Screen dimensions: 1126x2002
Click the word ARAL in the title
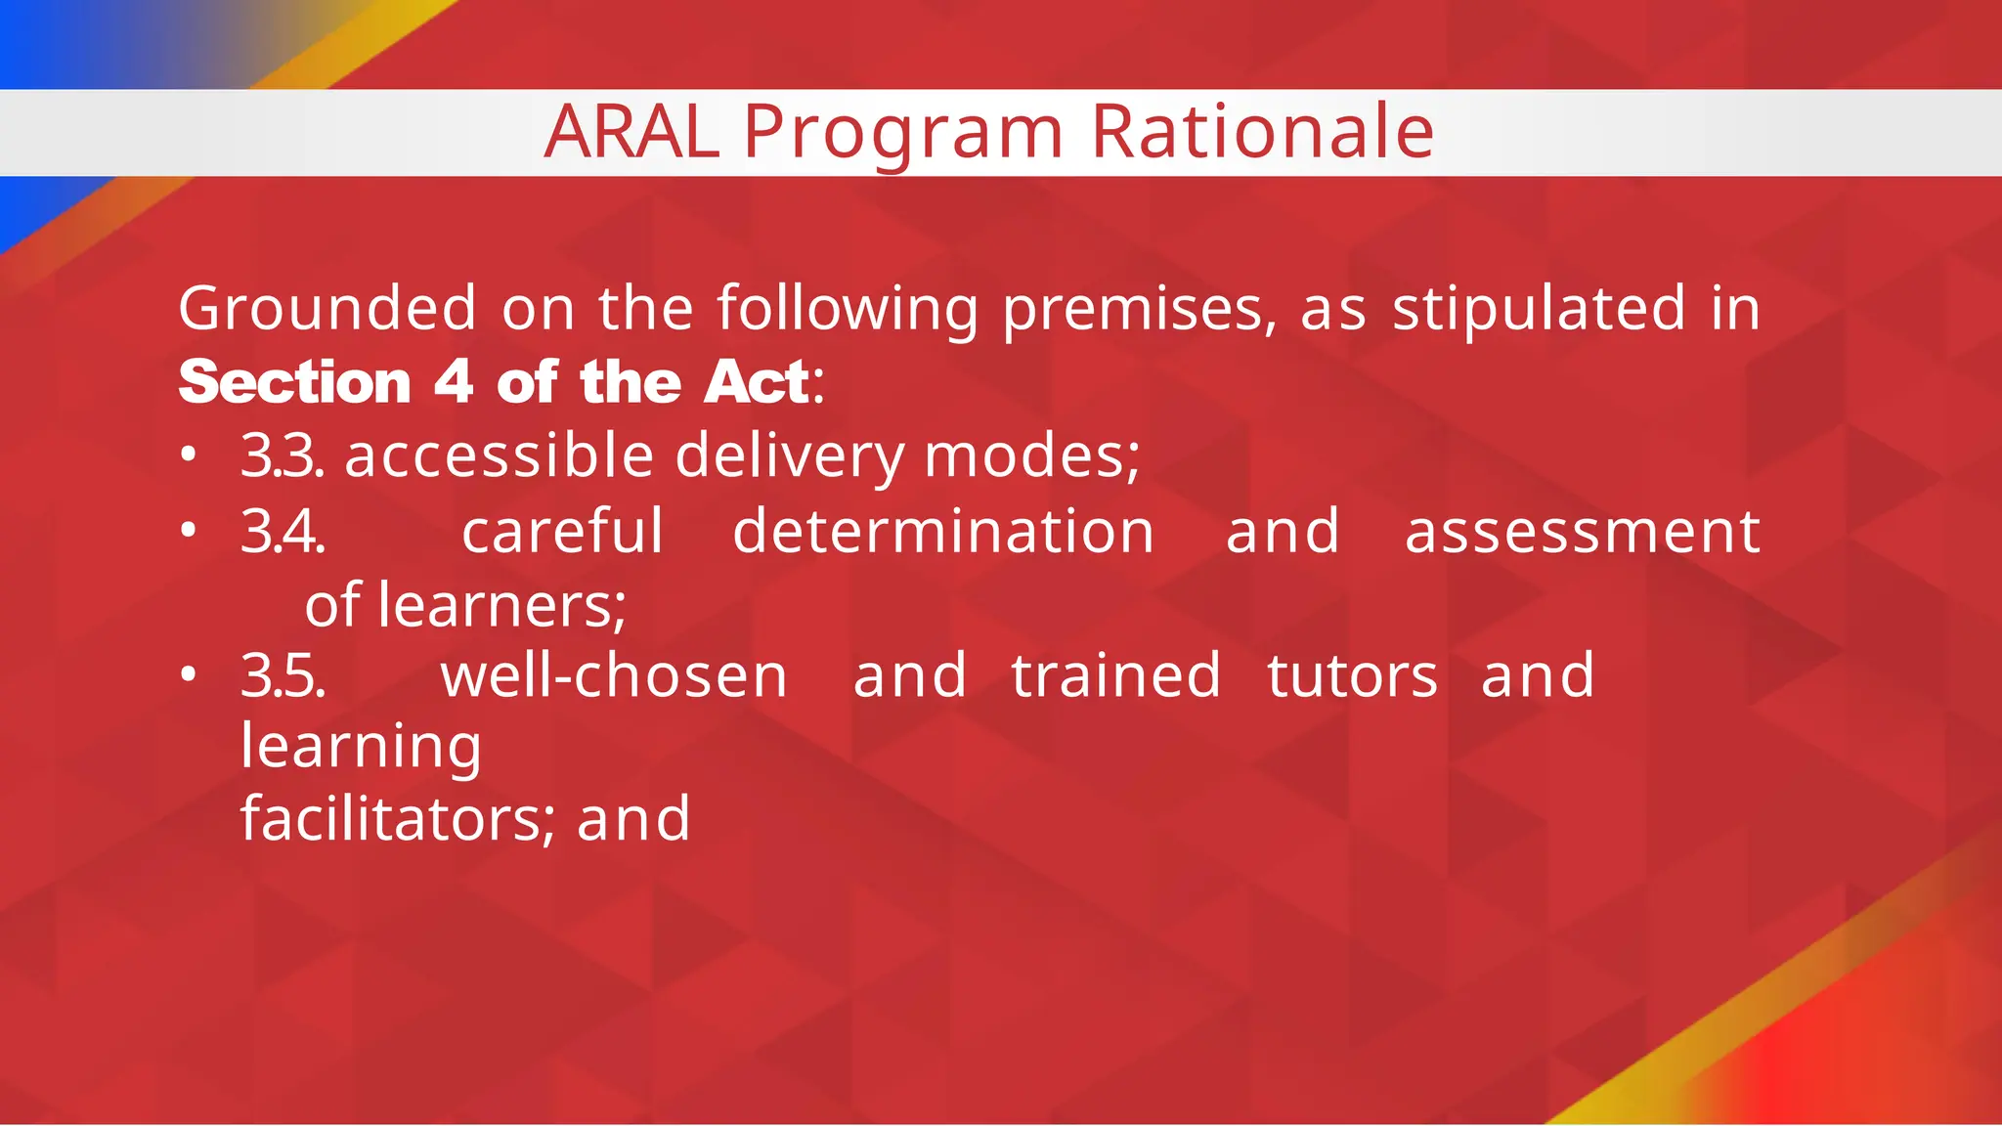(631, 132)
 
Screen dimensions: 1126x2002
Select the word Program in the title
(903, 134)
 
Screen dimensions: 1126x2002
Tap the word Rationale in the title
(1262, 132)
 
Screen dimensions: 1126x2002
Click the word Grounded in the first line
(327, 309)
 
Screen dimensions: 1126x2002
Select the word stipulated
(1539, 309)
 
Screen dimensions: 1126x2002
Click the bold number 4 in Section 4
(454, 381)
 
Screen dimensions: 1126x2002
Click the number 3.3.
(283, 456)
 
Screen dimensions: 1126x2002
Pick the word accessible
(499, 456)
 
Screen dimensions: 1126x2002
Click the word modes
(1031, 456)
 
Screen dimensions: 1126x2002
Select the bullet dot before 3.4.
(189, 531)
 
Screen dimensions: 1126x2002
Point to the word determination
(943, 533)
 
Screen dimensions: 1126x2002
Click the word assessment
(1582, 533)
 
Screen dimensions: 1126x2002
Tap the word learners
(501, 606)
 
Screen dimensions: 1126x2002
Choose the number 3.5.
(283, 676)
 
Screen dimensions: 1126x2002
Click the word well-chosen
(614, 676)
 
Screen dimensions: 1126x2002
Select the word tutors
(1353, 676)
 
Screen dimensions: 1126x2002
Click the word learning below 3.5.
(362, 748)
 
